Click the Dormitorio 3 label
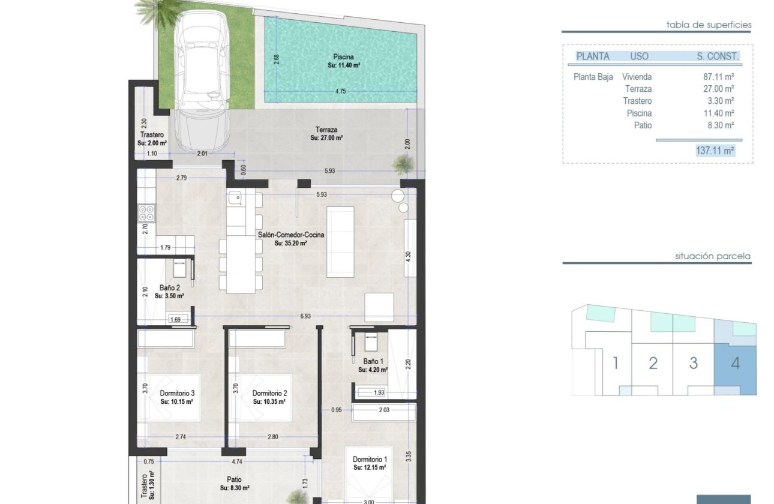pyautogui.click(x=177, y=393)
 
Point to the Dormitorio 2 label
pyautogui.click(x=269, y=393)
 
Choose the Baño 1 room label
pyautogui.click(x=373, y=361)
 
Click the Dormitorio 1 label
pyautogui.click(x=369, y=460)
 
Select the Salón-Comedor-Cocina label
pyautogui.click(x=291, y=235)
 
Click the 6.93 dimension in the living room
pyautogui.click(x=306, y=316)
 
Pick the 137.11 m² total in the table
pyautogui.click(x=715, y=151)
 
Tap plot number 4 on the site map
pyautogui.click(x=736, y=363)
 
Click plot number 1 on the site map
pyautogui.click(x=615, y=363)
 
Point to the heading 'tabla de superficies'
pyautogui.click(x=709, y=25)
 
